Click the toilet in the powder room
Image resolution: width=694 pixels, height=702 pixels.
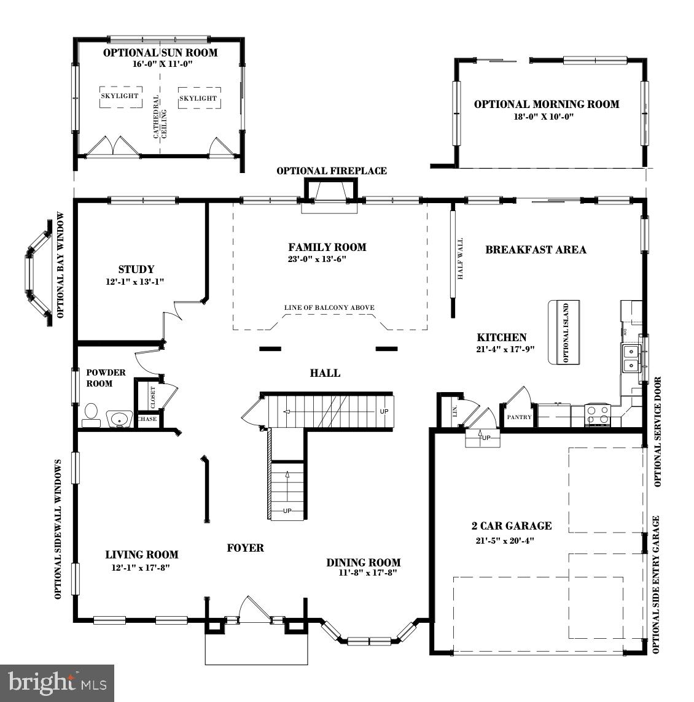click(92, 414)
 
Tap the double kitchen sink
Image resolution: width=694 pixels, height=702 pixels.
click(631, 359)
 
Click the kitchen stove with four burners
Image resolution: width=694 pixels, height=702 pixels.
click(598, 415)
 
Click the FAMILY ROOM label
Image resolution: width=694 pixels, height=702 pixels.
click(327, 247)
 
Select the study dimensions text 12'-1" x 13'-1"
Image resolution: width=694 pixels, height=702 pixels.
click(135, 282)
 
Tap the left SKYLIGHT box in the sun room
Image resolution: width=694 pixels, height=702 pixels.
click(120, 96)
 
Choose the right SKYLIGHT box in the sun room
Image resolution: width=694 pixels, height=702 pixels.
click(198, 98)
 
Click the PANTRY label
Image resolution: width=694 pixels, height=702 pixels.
click(519, 417)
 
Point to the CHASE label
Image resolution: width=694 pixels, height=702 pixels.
click(147, 420)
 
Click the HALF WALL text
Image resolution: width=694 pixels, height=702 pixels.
click(460, 259)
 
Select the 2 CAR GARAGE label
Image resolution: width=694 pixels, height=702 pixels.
click(511, 526)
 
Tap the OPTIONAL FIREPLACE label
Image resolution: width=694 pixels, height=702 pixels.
click(332, 171)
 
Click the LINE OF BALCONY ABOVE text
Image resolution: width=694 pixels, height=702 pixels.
click(329, 308)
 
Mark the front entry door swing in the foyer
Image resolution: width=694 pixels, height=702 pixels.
click(253, 609)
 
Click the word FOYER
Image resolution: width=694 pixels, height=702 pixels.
click(245, 548)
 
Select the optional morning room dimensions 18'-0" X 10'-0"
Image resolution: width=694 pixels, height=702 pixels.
click(544, 117)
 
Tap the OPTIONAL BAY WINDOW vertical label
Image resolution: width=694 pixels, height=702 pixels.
click(61, 265)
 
